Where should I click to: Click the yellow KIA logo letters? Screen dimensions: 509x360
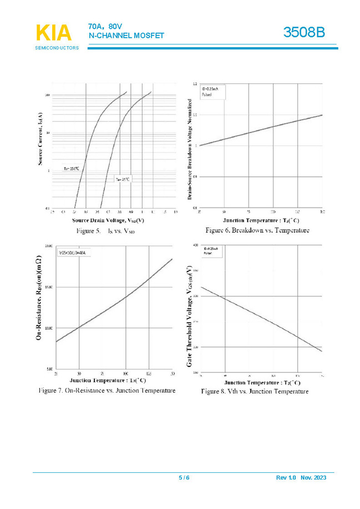click(53, 33)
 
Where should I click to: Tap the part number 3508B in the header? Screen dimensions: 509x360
click(304, 33)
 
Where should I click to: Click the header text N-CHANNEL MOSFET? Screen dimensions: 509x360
click(126, 36)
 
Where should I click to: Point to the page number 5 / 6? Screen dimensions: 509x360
click(184, 478)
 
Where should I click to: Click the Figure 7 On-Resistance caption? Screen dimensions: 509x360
click(107, 390)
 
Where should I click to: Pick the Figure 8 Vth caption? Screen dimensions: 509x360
click(255, 391)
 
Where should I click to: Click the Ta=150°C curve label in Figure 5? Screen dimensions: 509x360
click(71, 168)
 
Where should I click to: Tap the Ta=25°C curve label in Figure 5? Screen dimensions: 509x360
click(122, 179)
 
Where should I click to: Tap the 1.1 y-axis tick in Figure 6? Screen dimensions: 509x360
click(195, 115)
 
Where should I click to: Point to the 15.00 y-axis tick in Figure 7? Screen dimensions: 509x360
click(48, 287)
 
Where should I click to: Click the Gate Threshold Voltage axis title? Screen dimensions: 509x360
click(190, 315)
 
